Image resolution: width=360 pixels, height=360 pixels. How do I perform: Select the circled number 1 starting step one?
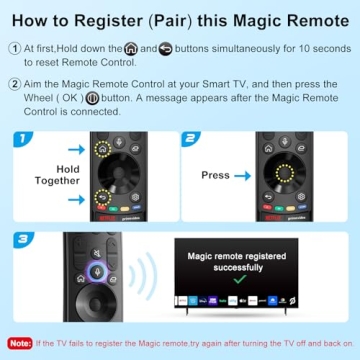[13, 48]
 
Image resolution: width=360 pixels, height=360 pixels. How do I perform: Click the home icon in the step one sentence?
[131, 48]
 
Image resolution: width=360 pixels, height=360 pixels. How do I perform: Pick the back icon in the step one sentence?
[165, 48]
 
